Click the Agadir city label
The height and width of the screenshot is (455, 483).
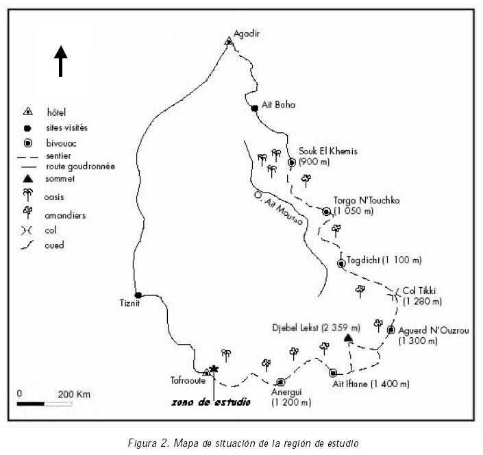(248, 34)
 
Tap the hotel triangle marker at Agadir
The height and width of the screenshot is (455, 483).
(229, 41)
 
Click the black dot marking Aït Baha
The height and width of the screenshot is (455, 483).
(254, 108)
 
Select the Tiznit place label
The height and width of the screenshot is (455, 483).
(131, 304)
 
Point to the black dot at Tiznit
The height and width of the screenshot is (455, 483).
(138, 295)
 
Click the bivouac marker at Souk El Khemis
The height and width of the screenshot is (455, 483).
(291, 162)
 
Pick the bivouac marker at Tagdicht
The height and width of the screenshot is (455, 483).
(341, 263)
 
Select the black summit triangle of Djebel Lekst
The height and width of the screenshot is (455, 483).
(348, 338)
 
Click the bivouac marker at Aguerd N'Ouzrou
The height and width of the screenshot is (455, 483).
(391, 330)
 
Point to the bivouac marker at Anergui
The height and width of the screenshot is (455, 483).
(280, 382)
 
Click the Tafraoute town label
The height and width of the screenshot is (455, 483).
(187, 380)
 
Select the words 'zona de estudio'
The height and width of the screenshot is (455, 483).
(210, 402)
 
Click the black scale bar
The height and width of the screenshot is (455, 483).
(35, 403)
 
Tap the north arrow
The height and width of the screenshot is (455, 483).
(61, 60)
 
